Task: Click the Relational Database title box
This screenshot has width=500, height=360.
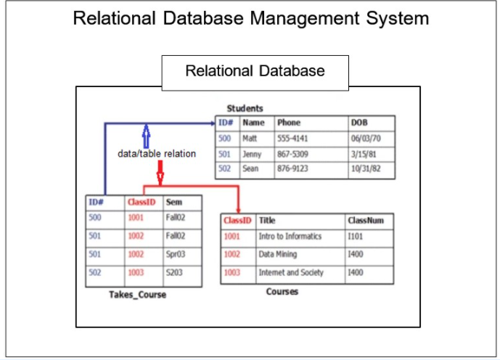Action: click(x=255, y=72)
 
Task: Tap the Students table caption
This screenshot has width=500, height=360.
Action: click(x=245, y=108)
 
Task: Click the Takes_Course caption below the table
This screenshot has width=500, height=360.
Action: click(x=138, y=295)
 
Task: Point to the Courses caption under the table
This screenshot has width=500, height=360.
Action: click(x=282, y=292)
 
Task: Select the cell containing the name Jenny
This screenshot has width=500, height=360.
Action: click(x=252, y=154)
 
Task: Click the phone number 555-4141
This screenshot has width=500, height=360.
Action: click(x=291, y=138)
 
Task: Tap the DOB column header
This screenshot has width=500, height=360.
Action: click(x=359, y=123)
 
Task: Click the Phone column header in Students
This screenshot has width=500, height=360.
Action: click(x=289, y=123)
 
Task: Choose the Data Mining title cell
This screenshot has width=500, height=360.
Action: click(x=277, y=255)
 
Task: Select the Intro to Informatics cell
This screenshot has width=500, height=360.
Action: click(x=290, y=237)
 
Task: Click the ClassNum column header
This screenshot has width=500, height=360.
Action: click(x=365, y=220)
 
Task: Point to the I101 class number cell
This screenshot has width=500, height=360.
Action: click(x=356, y=237)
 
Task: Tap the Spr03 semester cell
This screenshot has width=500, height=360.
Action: click(x=176, y=255)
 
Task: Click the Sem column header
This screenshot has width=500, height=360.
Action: click(x=174, y=202)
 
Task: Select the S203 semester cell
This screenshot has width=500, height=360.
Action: click(x=175, y=273)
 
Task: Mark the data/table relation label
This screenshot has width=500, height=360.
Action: click(x=157, y=154)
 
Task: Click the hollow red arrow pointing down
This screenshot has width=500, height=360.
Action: click(x=160, y=173)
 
